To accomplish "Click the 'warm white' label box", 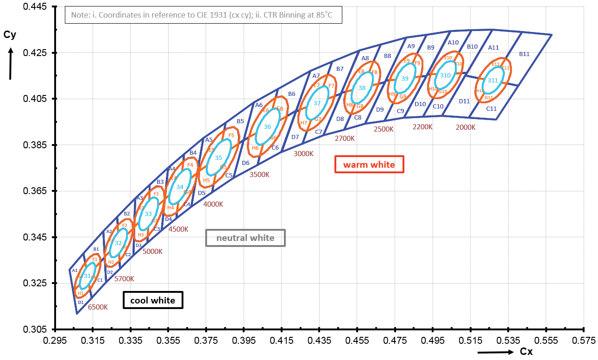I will pos(369,164).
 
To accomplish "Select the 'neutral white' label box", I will pos(245,238).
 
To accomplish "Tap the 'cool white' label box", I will pos(153,300).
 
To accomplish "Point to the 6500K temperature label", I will pos(98,307).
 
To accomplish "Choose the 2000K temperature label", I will pos(466,127).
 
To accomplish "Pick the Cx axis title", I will pos(526,352).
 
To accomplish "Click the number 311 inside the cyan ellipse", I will pos(492,80).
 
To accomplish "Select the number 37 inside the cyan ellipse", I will pos(317,103).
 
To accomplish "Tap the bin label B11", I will pos(524,54).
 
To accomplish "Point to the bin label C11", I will pos(491,108).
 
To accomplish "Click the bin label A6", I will pos(259,105).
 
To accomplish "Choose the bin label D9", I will pos(380,110).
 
